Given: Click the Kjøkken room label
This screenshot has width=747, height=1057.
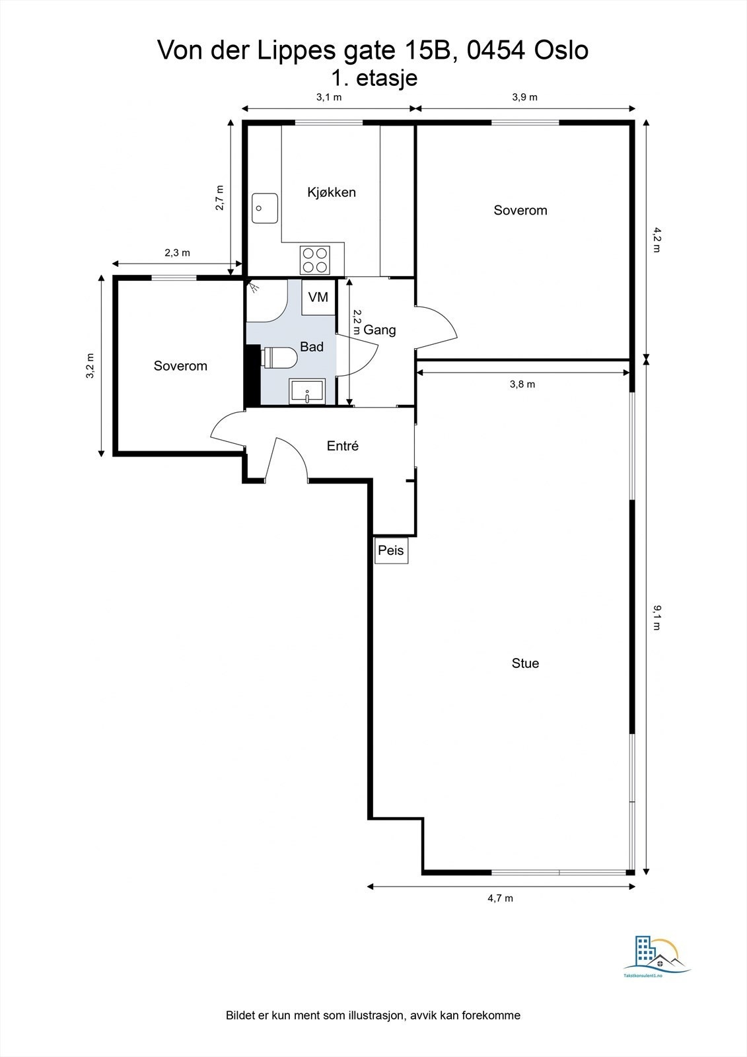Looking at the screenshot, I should [331, 192].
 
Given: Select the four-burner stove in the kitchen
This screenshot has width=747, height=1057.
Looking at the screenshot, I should [315, 260].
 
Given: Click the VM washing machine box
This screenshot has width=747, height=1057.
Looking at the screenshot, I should [318, 297].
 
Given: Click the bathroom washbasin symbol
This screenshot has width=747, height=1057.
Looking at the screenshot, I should [307, 390].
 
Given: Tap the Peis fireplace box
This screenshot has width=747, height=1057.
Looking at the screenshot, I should [391, 550].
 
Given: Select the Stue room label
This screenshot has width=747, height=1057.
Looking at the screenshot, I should [525, 663].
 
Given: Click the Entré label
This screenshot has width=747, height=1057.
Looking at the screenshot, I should [342, 446].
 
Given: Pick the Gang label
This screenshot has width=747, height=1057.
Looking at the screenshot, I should [380, 330].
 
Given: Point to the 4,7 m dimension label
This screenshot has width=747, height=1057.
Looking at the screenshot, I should [500, 898].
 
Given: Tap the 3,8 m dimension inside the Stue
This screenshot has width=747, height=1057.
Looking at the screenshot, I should [522, 384].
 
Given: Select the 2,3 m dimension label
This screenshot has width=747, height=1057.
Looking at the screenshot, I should [177, 252].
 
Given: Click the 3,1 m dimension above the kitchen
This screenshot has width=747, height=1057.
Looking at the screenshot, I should [328, 97].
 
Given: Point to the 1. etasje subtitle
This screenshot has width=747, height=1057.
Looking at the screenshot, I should [374, 78].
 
